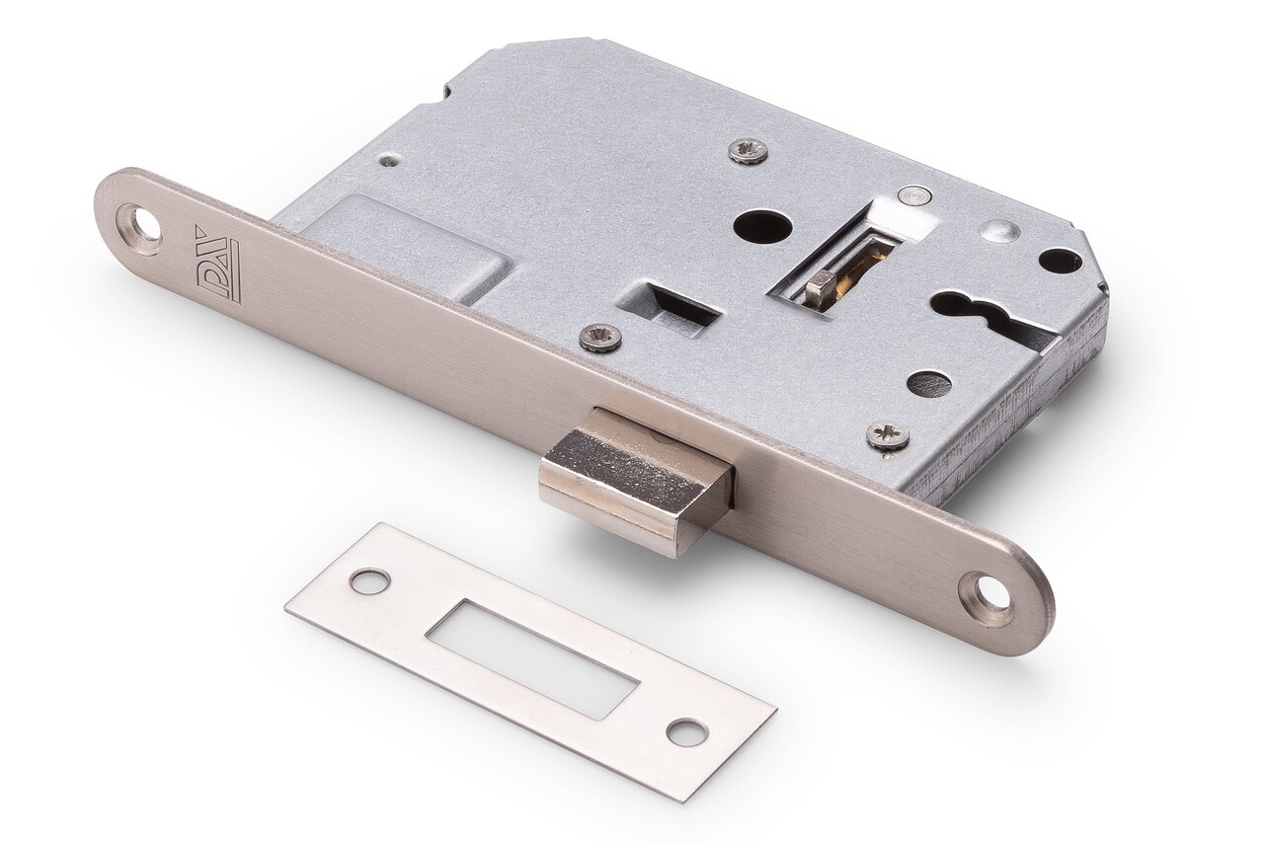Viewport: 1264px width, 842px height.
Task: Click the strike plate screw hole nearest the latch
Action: point(369,581)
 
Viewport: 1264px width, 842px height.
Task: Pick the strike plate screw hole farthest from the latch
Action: point(686,731)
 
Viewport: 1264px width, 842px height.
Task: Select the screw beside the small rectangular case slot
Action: point(600,338)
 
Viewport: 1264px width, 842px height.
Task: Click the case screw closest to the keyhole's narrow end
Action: point(887,435)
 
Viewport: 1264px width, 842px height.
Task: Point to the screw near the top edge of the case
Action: point(748,150)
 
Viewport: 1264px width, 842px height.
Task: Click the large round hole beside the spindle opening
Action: point(762,226)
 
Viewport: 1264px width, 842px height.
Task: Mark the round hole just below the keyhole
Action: point(928,384)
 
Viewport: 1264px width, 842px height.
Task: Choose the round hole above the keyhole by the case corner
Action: point(1060,261)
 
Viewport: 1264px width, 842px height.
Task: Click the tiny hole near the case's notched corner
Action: point(390,159)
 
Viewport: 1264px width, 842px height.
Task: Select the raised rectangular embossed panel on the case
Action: point(405,246)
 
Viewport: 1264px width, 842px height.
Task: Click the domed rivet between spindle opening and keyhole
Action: point(999,231)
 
